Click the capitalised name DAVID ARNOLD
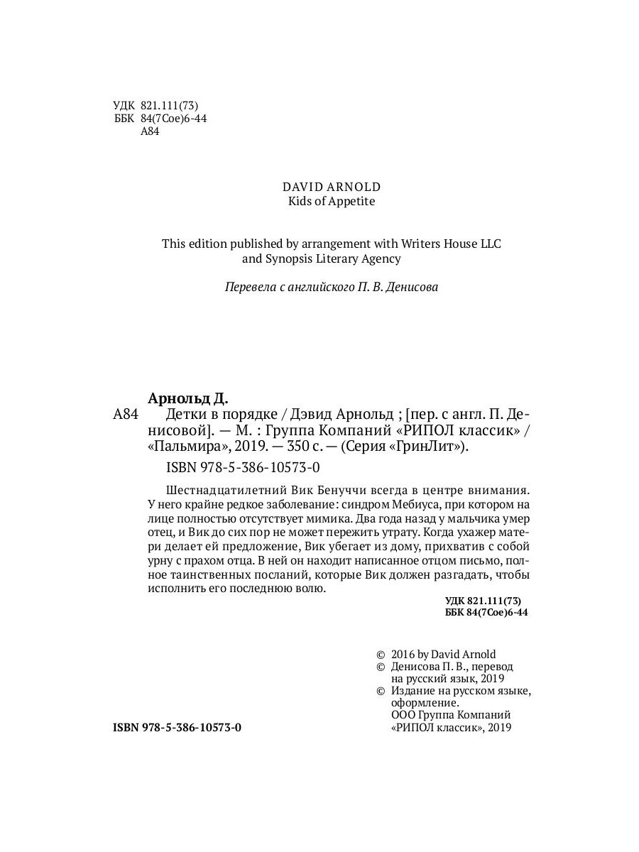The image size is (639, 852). click(x=332, y=187)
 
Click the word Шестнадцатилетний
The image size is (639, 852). click(x=226, y=490)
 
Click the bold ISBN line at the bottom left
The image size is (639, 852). click(x=177, y=728)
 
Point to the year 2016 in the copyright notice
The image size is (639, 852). click(x=403, y=654)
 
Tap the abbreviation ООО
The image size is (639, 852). click(x=403, y=715)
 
